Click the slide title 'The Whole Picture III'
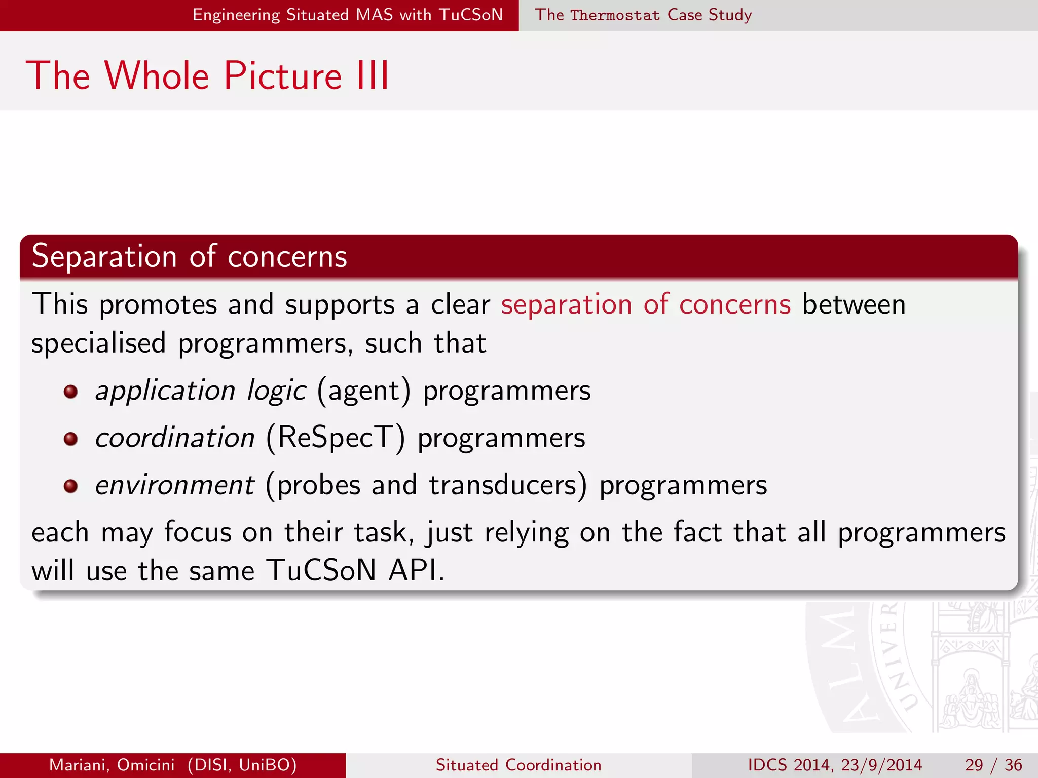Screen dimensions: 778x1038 pos(208,76)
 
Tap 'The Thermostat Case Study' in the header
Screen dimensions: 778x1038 pos(643,15)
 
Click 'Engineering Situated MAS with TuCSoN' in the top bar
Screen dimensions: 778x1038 pos(347,15)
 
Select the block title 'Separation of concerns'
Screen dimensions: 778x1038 pos(189,256)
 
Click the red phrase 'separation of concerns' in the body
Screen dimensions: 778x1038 pos(645,304)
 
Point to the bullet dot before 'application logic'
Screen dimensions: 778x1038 pos(70,392)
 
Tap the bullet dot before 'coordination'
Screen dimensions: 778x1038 pos(70,439)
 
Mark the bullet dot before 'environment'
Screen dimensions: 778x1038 pos(70,486)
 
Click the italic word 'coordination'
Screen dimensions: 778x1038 pos(175,438)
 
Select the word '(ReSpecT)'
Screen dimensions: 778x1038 pos(336,437)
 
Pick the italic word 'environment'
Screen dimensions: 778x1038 pos(175,485)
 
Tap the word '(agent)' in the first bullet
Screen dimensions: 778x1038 pos(363,391)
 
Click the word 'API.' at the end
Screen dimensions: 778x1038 pos(416,570)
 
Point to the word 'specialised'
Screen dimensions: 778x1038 pos(99,343)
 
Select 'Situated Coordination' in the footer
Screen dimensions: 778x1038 pos(518,765)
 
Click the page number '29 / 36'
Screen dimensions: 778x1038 pos(993,765)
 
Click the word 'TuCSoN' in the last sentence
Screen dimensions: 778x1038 pos(321,570)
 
